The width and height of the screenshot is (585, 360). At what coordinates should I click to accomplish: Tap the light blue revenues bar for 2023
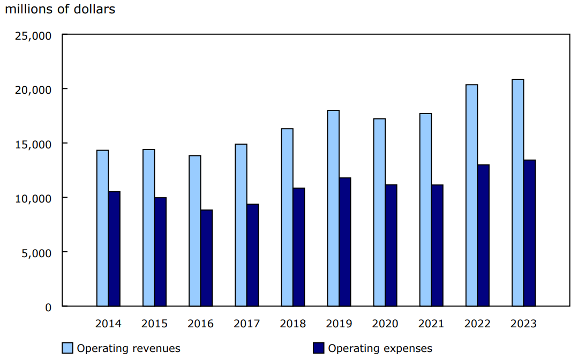517,193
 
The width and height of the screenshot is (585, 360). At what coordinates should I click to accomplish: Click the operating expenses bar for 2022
483,236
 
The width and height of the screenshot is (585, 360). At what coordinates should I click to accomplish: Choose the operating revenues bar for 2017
241,225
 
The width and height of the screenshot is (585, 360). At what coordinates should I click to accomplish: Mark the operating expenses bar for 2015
160,252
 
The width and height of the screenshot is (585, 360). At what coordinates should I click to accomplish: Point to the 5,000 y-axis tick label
37,252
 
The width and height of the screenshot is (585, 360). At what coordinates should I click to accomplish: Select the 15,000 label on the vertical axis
34,144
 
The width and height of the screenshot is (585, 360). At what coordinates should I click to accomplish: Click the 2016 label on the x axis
200,324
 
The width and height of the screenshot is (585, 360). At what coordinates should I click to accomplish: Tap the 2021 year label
431,324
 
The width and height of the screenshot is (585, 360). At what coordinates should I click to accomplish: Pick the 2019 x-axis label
339,324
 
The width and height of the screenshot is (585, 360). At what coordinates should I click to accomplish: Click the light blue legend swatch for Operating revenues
67,348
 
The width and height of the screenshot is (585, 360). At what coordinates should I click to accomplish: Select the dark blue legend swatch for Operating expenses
318,348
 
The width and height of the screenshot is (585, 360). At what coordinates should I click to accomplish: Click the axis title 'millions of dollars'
59,9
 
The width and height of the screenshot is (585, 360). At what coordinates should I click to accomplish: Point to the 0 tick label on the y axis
48,307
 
